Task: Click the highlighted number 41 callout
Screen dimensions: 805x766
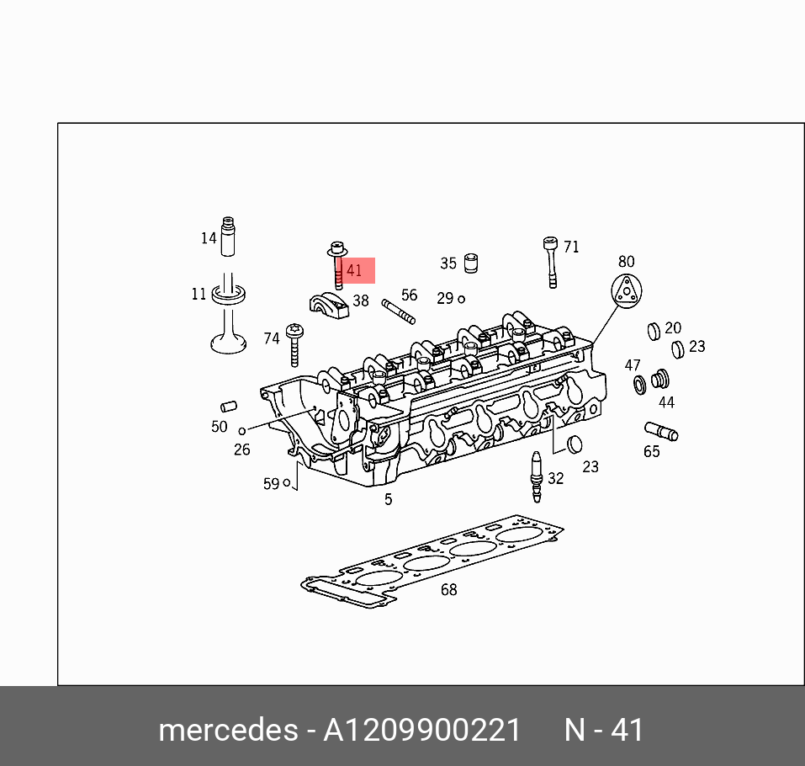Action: pos(354,271)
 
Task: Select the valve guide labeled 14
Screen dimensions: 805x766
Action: pos(228,237)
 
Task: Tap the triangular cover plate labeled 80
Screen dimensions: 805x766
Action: pos(626,292)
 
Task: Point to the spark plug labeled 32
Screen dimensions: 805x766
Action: pos(535,476)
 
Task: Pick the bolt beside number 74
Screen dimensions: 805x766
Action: pos(294,344)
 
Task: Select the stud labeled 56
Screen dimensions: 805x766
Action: pos(398,311)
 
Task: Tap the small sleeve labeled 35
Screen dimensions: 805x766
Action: pos(471,262)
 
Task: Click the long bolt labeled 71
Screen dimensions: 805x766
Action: pos(551,262)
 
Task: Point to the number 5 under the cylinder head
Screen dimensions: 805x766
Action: pos(388,499)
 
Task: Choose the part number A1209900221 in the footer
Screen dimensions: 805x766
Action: pos(422,729)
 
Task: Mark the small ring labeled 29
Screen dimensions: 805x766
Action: pos(461,299)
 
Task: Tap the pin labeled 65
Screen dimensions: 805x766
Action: pos(661,432)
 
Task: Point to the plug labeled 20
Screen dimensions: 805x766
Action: pos(654,330)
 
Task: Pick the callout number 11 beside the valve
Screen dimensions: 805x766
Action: pos(199,294)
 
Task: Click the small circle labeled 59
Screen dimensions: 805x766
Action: pos(287,482)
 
